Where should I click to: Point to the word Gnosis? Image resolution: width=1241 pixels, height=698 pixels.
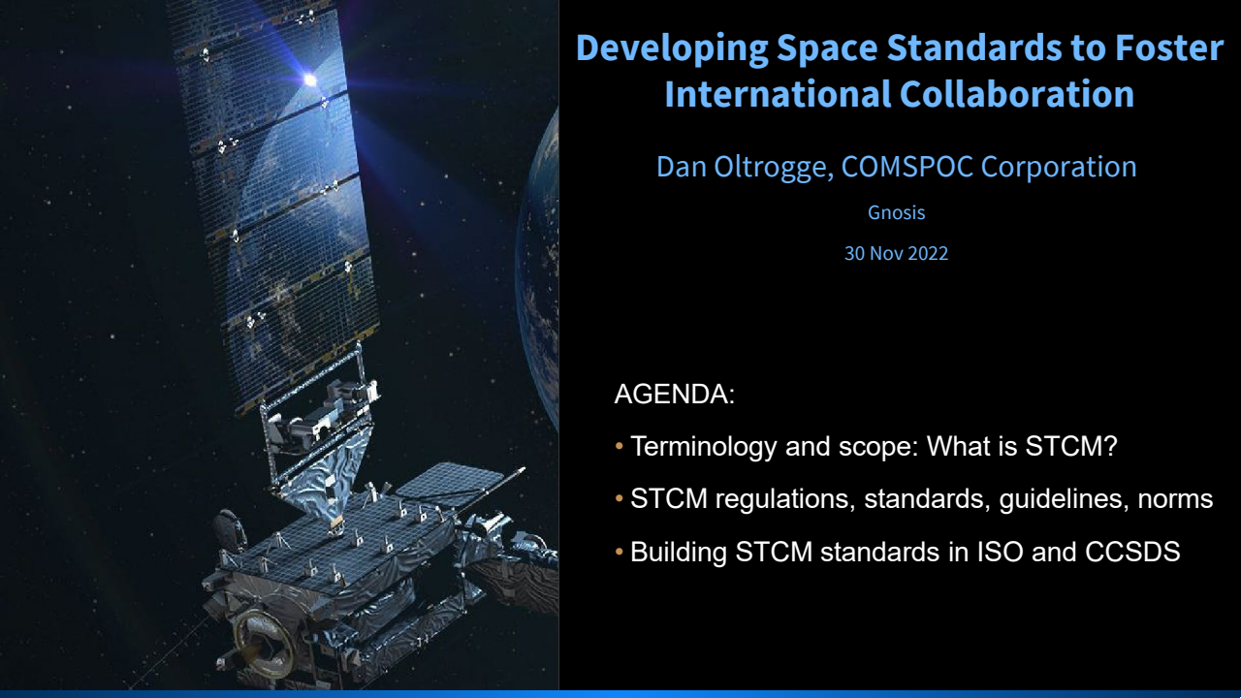tap(896, 212)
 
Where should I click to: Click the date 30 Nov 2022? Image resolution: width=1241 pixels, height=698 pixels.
tap(896, 254)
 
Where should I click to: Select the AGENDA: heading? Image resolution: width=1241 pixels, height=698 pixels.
tap(674, 395)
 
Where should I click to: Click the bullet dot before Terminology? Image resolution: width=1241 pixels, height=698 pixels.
tap(620, 447)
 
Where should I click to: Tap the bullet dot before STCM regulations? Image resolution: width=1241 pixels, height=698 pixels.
tap(620, 499)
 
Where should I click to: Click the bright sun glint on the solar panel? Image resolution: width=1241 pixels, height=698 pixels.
tap(309, 79)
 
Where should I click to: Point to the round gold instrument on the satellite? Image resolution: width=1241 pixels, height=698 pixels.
tap(255, 635)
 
